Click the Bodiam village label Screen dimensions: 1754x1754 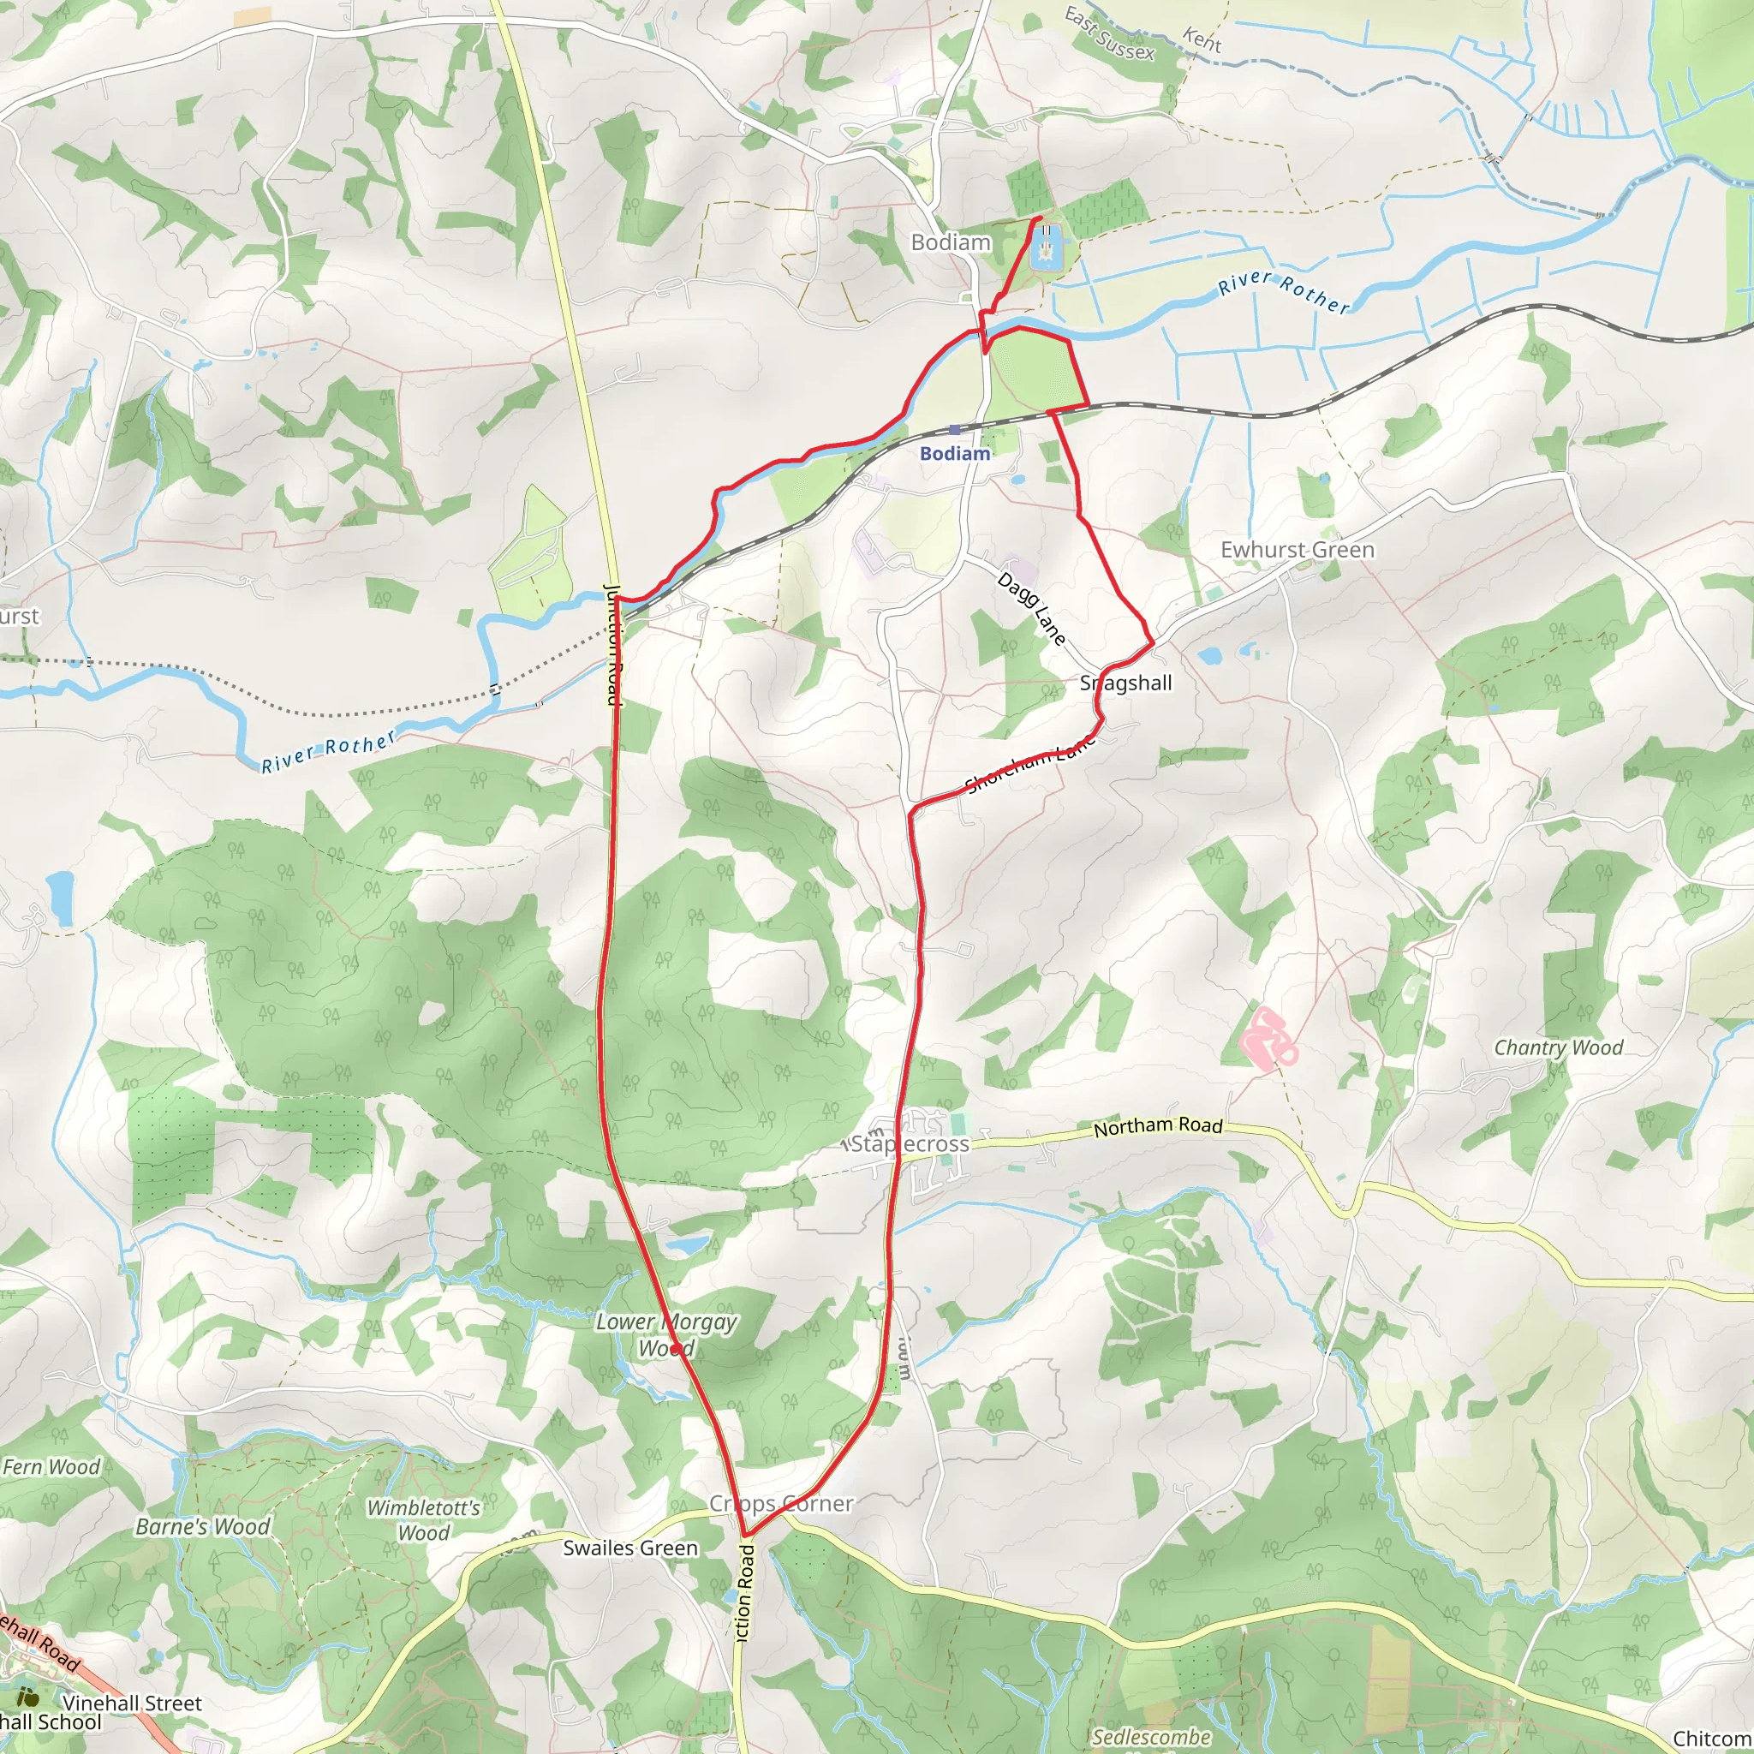pyautogui.click(x=951, y=242)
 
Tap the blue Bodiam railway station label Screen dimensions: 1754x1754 pyautogui.click(x=955, y=453)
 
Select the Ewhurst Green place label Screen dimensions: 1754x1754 pyautogui.click(x=1297, y=550)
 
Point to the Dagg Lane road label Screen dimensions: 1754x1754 pyautogui.click(x=1031, y=607)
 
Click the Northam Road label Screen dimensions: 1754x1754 pyautogui.click(x=1158, y=1127)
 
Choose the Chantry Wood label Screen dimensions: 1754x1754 pyautogui.click(x=1558, y=1047)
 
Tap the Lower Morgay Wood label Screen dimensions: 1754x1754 pyautogui.click(x=666, y=1334)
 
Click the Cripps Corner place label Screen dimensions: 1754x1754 pyautogui.click(x=781, y=1504)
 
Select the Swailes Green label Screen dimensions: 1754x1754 pyautogui.click(x=630, y=1548)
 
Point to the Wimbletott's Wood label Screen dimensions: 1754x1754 pyautogui.click(x=423, y=1520)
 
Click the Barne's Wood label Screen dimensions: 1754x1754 pyautogui.click(x=202, y=1527)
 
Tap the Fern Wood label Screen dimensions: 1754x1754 pyautogui.click(x=51, y=1467)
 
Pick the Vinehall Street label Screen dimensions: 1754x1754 pyautogui.click(x=133, y=1703)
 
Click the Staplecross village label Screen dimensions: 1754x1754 pyautogui.click(x=910, y=1144)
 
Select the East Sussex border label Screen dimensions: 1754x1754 pyautogui.click(x=1109, y=34)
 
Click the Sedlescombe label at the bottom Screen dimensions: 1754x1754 pyautogui.click(x=1151, y=1738)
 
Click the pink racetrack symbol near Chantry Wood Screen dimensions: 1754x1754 pyautogui.click(x=1268, y=1036)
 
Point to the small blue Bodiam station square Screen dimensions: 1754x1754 pyautogui.click(x=954, y=430)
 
